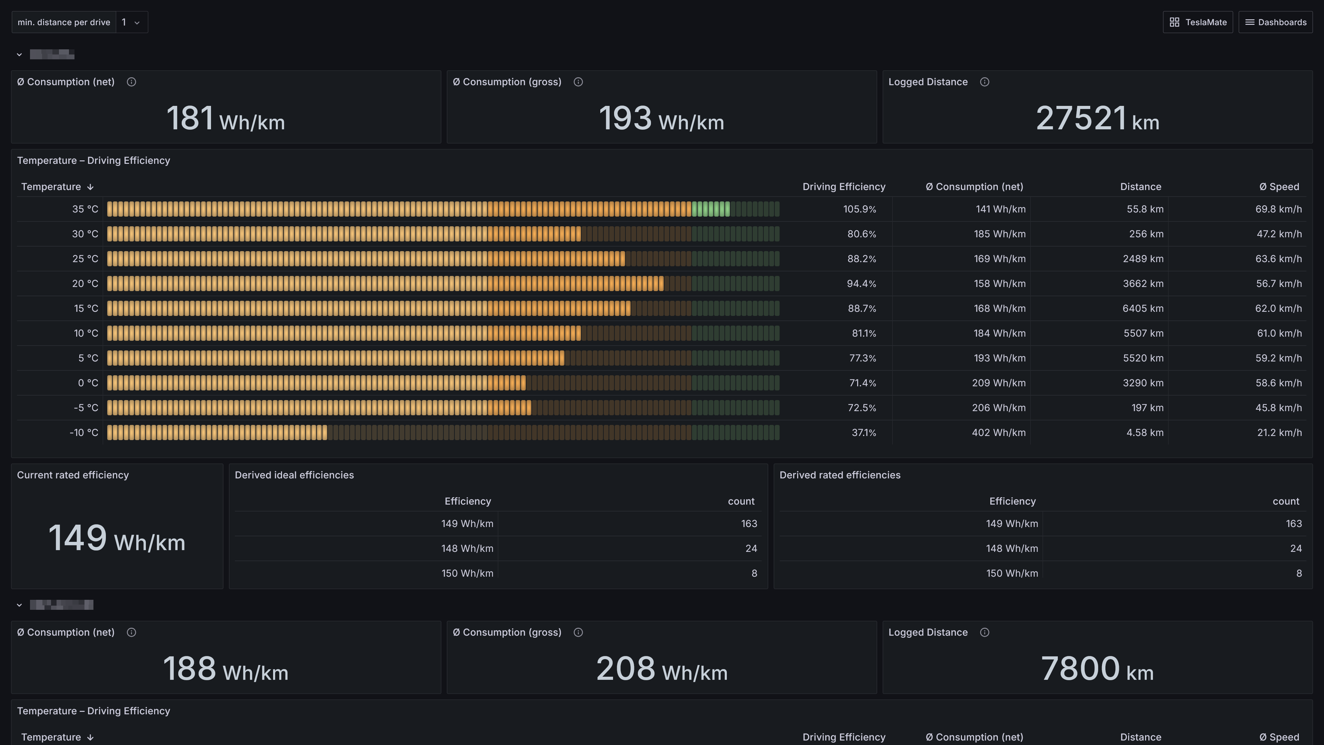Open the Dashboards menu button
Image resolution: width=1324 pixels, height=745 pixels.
point(1276,22)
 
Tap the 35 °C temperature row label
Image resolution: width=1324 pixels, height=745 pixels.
point(85,209)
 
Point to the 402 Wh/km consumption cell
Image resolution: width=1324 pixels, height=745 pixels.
point(998,433)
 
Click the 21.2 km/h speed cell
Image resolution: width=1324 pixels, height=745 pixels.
point(1279,433)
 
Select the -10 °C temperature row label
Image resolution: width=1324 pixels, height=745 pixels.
point(84,433)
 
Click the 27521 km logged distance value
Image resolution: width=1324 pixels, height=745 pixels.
point(1097,118)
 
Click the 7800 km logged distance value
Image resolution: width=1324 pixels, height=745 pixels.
point(1097,669)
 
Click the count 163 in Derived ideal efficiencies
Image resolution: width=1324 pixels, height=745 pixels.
point(749,524)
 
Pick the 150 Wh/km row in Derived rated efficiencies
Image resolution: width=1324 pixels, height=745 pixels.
point(1012,573)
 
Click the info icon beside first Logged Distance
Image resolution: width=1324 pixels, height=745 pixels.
point(984,82)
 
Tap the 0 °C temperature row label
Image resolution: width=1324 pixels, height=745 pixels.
point(88,383)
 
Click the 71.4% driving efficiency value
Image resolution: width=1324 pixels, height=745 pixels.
point(862,383)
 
